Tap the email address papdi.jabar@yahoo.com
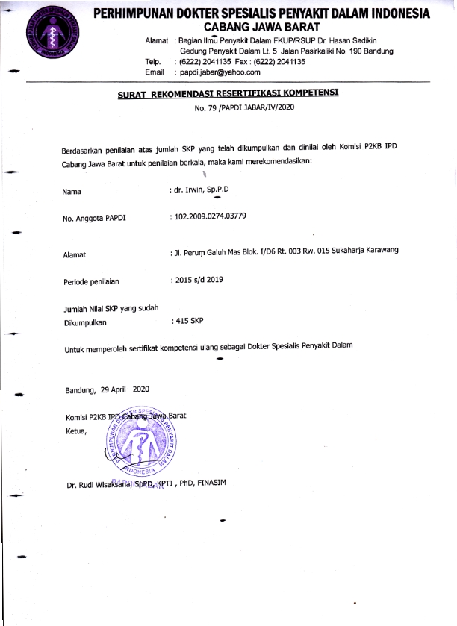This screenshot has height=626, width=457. [217, 72]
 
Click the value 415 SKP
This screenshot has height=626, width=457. [188, 321]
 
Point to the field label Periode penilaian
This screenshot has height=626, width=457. [92, 281]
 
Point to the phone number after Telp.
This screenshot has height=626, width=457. [196, 62]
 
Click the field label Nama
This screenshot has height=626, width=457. [72, 192]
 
